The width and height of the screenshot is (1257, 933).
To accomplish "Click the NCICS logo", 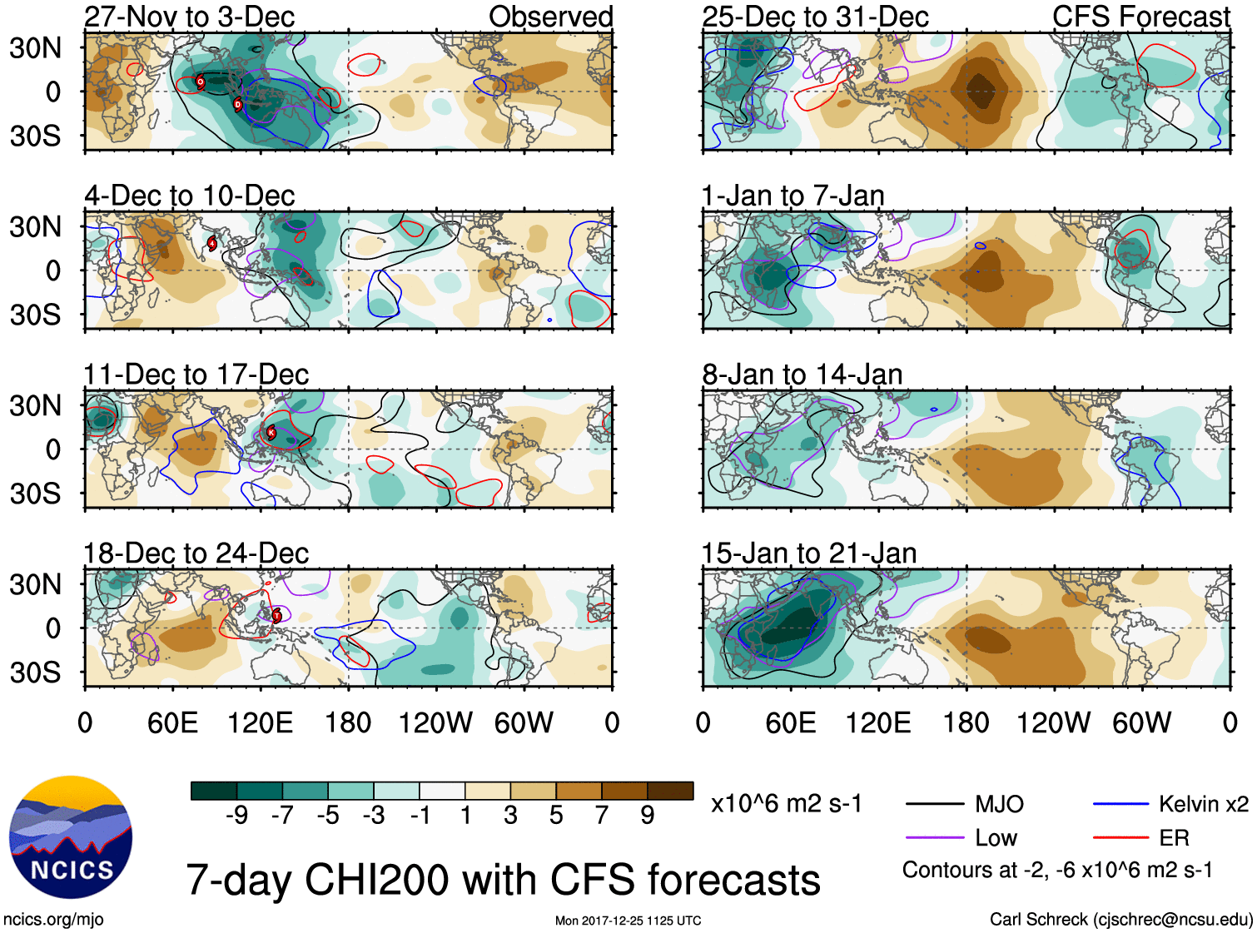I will [x=71, y=837].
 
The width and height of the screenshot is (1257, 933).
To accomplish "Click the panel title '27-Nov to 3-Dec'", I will [x=190, y=17].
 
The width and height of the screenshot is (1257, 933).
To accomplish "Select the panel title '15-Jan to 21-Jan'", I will [x=809, y=553].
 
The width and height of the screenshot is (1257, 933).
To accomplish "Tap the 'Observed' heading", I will [x=550, y=17].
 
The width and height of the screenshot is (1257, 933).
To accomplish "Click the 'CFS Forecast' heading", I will [x=1140, y=17].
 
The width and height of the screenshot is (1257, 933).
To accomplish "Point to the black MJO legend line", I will [x=935, y=804].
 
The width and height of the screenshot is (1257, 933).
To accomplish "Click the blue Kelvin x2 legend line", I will [x=1121, y=804].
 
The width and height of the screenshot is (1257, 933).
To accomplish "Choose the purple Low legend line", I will [x=935, y=838].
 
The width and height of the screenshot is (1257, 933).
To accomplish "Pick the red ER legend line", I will [x=1121, y=838].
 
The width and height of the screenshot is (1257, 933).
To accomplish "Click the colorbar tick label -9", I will [x=236, y=816].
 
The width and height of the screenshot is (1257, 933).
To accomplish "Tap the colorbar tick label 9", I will [x=648, y=816].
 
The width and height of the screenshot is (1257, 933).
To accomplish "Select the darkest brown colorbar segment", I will [x=670, y=791].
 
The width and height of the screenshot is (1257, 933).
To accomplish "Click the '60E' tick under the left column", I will [x=172, y=722].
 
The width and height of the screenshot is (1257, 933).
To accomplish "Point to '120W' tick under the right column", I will [x=1053, y=722].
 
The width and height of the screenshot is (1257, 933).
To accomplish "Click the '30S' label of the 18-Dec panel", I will [x=35, y=672].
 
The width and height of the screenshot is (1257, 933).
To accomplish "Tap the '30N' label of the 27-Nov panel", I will [x=35, y=48].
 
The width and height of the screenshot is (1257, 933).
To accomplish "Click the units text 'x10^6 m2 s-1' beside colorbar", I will [x=787, y=804].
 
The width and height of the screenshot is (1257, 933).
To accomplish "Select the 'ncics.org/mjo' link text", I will [x=53, y=920].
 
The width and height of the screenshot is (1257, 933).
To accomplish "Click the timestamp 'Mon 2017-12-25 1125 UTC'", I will [x=628, y=921].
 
